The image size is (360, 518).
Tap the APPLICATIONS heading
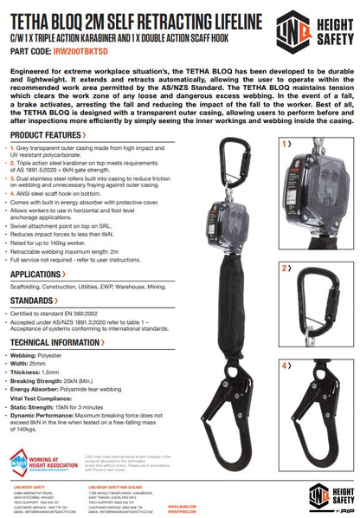click(41, 274)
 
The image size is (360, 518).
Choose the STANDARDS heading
click(35, 301)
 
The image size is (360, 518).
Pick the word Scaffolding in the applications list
click(30, 287)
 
